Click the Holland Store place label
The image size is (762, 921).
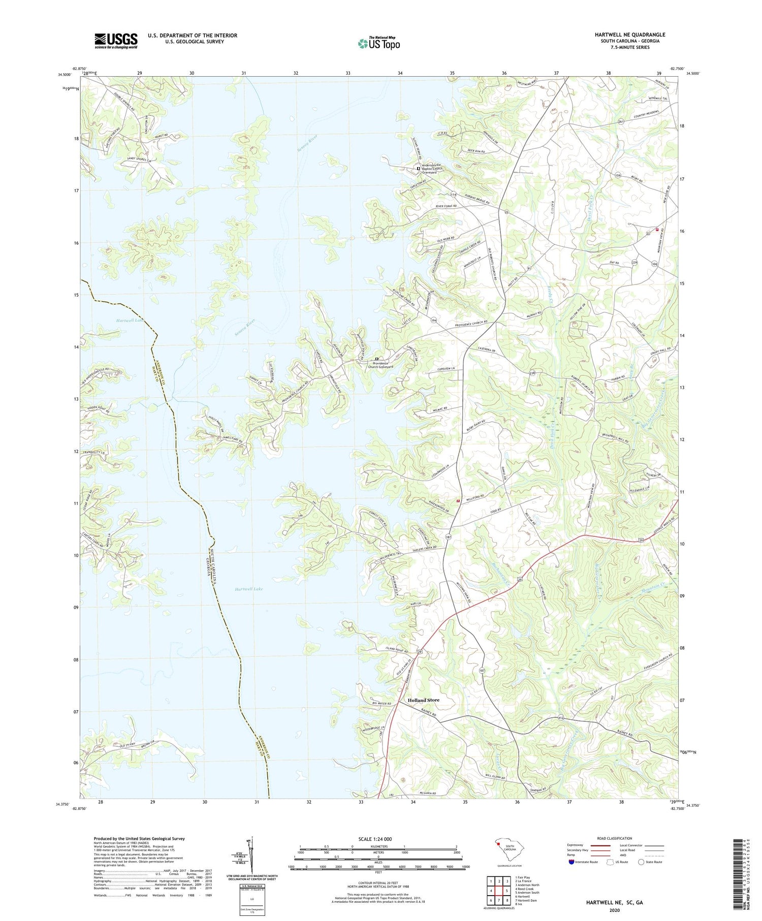coord(423,700)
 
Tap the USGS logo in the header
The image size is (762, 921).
coord(116,41)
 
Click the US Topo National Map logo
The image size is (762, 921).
coord(378,43)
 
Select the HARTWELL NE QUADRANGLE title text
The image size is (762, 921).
coord(630,35)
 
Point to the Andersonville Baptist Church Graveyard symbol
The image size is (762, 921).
coord(419,169)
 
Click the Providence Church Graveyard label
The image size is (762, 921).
coord(390,365)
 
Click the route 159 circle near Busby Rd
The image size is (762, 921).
coord(618,175)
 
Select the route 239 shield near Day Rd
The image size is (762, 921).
coord(634,262)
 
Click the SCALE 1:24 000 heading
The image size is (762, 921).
coord(378,839)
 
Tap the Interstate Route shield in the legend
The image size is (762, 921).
coord(571,862)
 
